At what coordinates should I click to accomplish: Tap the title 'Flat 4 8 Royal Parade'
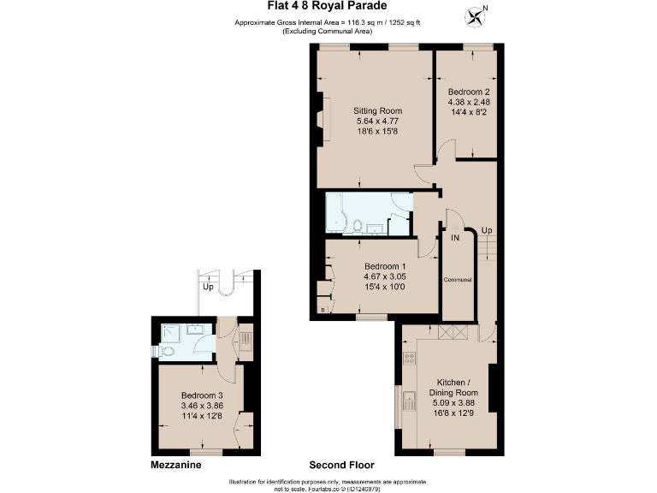[x=328, y=8]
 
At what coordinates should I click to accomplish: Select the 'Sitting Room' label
[x=378, y=111]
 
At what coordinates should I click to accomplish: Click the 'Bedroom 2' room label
[x=469, y=92]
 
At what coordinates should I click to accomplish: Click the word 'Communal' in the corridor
[x=458, y=280]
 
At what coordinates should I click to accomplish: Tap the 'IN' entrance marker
[x=456, y=237]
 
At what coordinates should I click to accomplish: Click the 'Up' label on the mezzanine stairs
[x=208, y=288]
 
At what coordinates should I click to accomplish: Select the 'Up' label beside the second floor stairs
[x=486, y=231]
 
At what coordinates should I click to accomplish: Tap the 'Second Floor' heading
[x=342, y=466]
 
